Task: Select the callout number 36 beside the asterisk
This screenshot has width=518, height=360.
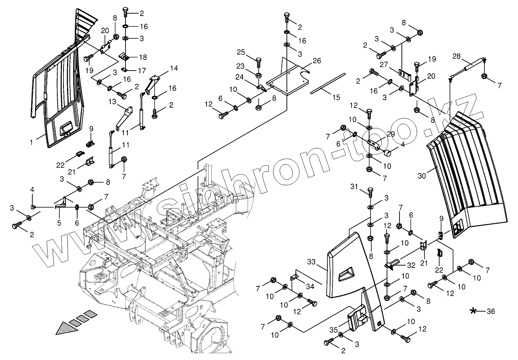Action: [x=491, y=311]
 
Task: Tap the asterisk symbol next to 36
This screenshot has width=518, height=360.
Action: [x=473, y=311]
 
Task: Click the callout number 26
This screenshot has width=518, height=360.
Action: [x=316, y=61]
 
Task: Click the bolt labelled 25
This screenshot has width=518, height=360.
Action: [x=258, y=62]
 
